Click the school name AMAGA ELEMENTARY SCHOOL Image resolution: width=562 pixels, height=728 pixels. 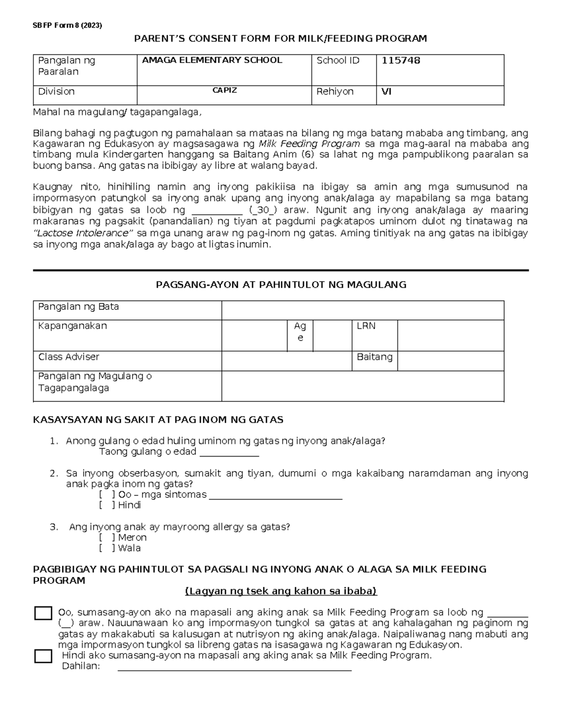click(212, 60)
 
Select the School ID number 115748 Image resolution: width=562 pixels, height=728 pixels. click(401, 60)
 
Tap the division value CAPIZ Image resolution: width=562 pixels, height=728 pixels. click(224, 90)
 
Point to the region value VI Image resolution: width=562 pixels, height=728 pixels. click(386, 91)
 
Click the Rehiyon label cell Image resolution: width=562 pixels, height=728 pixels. click(335, 91)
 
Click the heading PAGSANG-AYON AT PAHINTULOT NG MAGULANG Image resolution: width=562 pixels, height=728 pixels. click(281, 285)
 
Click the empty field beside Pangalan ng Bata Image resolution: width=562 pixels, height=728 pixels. click(362, 310)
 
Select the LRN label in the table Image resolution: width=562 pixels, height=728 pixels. click(366, 326)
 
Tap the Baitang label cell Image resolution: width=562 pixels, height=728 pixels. click(374, 357)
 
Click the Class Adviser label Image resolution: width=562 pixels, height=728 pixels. click(68, 357)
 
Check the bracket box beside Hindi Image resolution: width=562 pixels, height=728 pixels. click(107, 505)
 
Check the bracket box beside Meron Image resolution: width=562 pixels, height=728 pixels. click(107, 538)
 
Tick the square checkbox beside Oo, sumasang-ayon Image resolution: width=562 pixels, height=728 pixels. click(43, 613)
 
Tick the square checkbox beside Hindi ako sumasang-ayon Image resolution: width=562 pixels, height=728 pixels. click(43, 656)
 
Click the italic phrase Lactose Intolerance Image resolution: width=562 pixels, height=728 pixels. click(83, 233)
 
